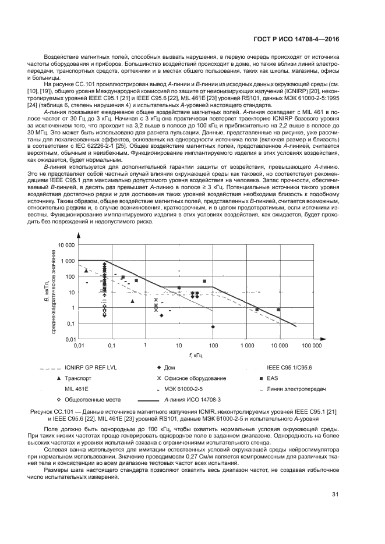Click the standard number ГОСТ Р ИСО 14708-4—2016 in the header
pyautogui.click(x=296, y=40)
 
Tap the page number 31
pyautogui.click(x=335, y=495)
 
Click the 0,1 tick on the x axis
pyautogui.click(x=112, y=345)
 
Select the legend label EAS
pyautogui.click(x=273, y=378)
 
